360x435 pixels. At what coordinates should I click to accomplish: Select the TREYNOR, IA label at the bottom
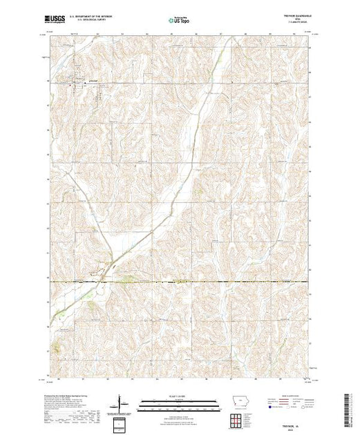click(294, 421)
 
